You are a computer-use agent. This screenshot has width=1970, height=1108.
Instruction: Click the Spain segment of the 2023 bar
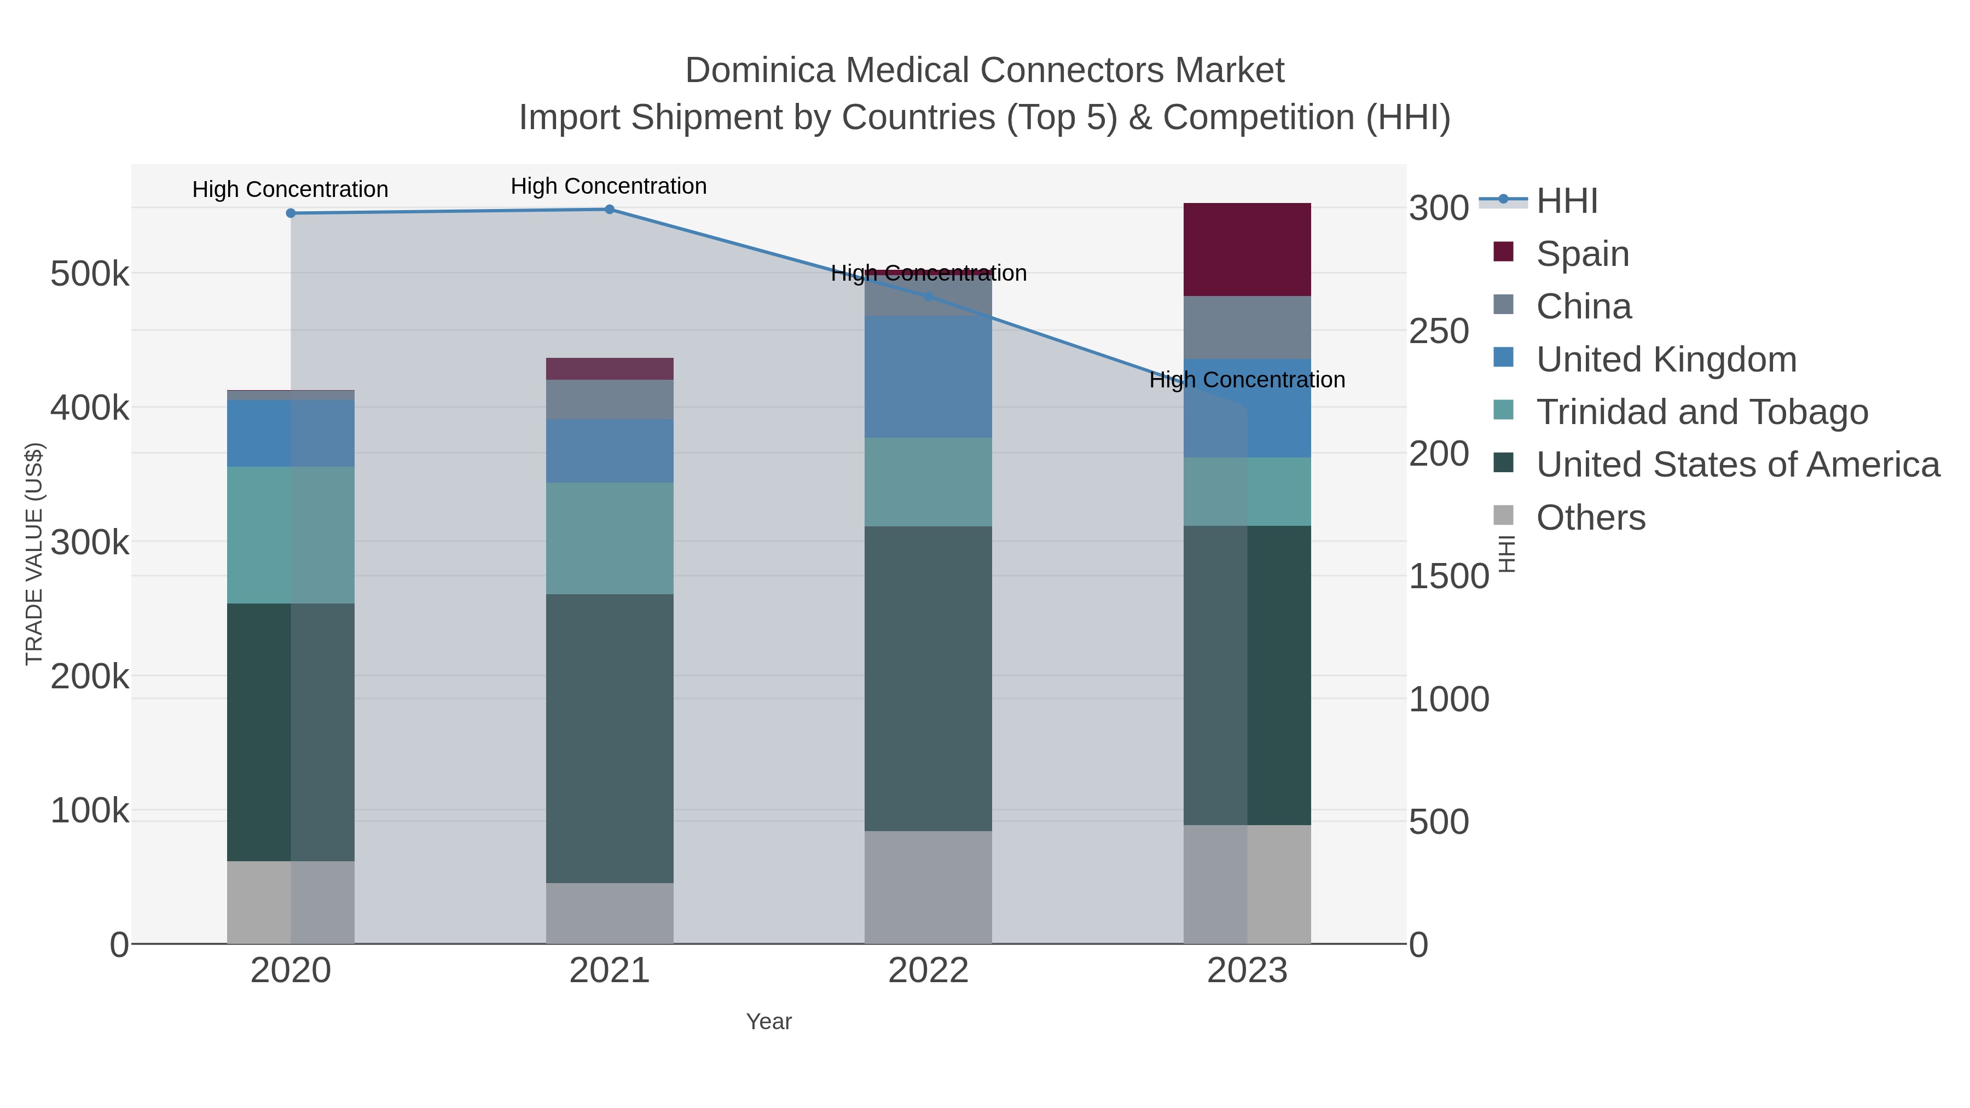tap(1247, 250)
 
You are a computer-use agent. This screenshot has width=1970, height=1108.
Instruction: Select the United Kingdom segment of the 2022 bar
tap(928, 376)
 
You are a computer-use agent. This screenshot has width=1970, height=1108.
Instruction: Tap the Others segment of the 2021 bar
tap(610, 913)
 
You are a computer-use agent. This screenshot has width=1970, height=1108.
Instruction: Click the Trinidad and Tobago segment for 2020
tap(291, 535)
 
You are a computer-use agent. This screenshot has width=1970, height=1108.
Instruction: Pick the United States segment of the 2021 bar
tap(610, 738)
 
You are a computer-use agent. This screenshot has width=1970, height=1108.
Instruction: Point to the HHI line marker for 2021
tap(610, 210)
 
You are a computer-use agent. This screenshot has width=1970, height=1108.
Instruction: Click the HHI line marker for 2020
tap(291, 213)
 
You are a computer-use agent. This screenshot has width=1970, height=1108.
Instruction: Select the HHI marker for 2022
tap(928, 297)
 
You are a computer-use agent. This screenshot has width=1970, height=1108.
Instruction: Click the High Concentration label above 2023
tap(1247, 380)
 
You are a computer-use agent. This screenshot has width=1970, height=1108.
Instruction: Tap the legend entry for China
tap(1583, 306)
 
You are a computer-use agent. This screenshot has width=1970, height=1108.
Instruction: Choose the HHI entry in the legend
tap(1566, 201)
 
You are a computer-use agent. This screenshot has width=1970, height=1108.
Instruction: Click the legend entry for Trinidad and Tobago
tap(1701, 412)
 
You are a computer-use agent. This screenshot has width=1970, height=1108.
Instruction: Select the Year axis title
tap(769, 1022)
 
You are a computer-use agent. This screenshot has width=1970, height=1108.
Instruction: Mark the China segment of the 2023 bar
tap(1247, 327)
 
